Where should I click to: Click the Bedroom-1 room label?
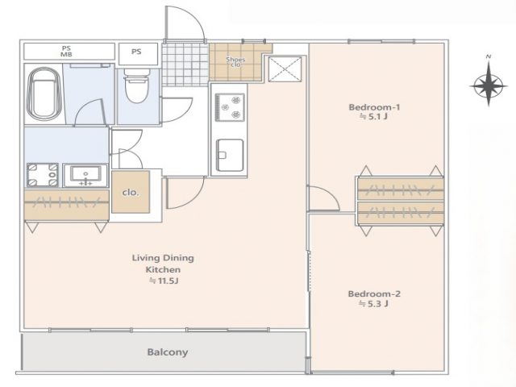374,107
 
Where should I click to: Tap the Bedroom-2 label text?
374,293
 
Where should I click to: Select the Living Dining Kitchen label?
163,264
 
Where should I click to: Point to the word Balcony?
168,352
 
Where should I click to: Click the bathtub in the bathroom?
44,93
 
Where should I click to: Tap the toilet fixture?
136,85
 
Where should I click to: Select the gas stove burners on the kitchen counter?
230,107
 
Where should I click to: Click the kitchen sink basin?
230,155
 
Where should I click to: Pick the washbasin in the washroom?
85,176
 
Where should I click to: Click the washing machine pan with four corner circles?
43,175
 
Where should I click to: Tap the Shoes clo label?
235,62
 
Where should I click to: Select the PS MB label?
66,52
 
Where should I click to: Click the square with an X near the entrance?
285,69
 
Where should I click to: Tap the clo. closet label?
131,192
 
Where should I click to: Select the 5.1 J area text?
374,116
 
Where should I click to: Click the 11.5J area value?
164,281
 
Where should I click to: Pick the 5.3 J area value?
374,303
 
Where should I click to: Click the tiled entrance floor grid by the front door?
185,64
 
